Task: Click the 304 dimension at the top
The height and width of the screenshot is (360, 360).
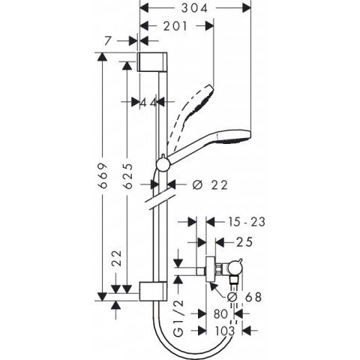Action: coord(196,8)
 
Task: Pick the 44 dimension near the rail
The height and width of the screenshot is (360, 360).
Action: coord(147,102)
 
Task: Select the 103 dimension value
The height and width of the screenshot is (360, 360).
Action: coord(226,331)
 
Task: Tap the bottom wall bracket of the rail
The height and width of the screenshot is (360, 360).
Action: coord(149,290)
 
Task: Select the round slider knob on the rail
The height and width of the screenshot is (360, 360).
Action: coord(163,165)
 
